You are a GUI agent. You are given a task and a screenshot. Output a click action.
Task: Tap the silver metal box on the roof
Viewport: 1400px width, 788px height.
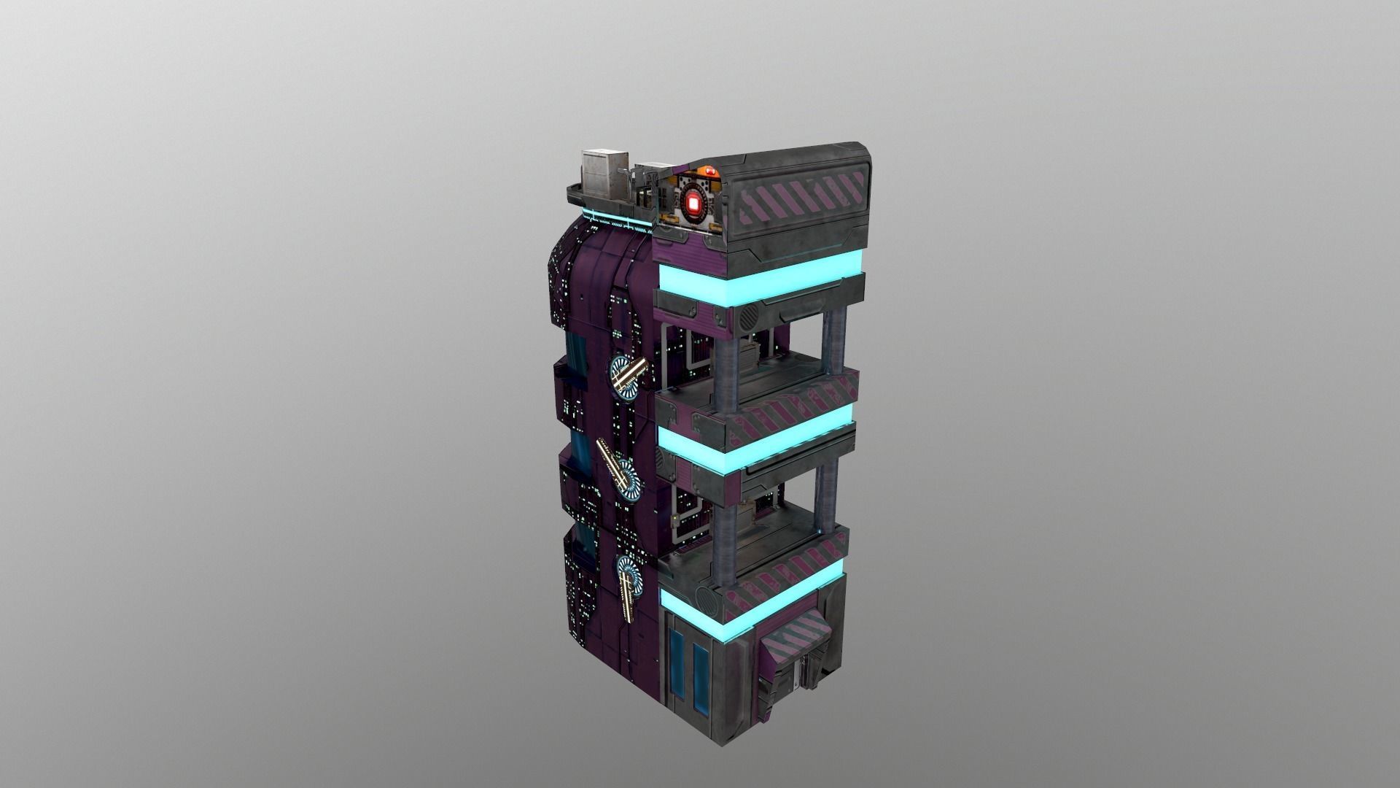click(604, 174)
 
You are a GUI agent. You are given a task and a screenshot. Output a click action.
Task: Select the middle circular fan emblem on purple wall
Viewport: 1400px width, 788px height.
click(624, 479)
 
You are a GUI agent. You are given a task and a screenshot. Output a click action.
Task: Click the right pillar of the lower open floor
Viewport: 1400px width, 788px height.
click(826, 496)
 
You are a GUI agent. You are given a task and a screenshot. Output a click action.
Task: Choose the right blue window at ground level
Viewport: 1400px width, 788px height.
click(700, 679)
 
